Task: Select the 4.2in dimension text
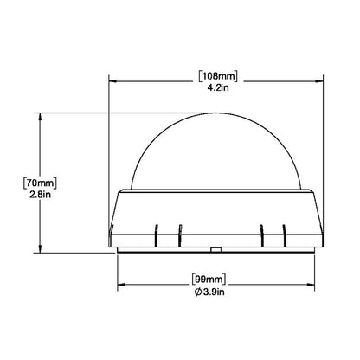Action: pos(218,87)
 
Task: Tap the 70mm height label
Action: pos(40,183)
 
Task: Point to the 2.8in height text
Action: pos(40,195)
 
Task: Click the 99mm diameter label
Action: pos(209,280)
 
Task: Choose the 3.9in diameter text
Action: pos(214,292)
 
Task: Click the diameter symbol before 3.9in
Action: pos(198,292)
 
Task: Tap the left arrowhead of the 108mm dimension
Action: pos(112,81)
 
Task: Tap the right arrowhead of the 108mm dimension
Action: pos(319,81)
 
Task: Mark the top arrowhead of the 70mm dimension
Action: pos(40,116)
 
